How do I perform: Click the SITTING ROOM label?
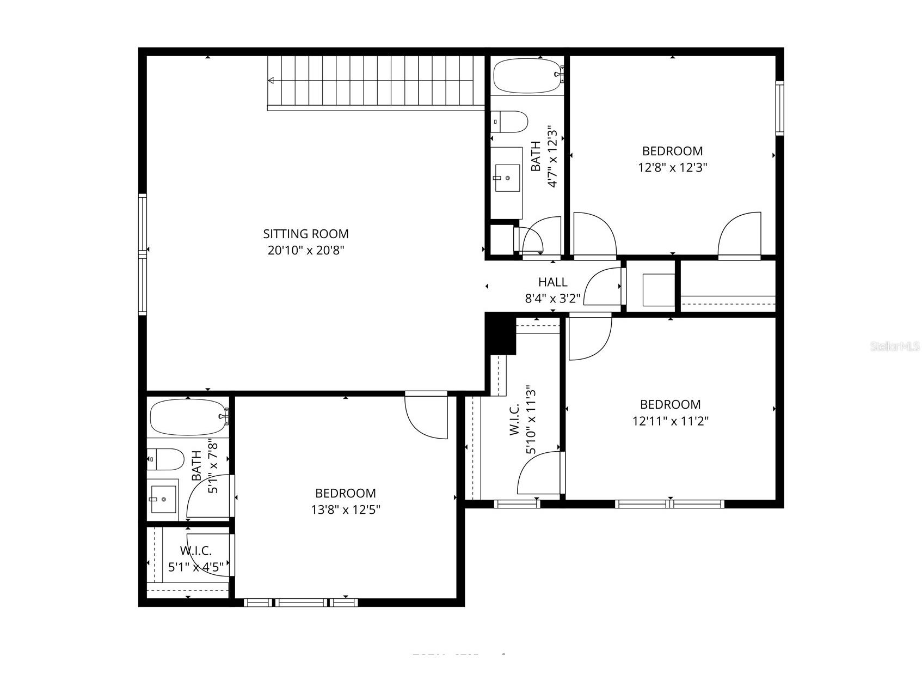click(305, 234)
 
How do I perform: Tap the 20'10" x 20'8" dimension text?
click(306, 251)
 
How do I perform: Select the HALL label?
click(552, 282)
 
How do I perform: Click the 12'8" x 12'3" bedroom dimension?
click(672, 167)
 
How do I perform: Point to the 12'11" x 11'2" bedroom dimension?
click(670, 421)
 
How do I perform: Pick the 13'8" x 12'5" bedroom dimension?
click(345, 509)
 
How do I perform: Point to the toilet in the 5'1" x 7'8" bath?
click(165, 459)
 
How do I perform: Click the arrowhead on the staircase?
click(271, 81)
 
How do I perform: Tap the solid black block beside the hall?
click(500, 332)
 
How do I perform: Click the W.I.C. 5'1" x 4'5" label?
click(195, 559)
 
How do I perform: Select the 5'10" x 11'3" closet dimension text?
click(531, 420)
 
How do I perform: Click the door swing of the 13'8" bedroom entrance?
click(426, 417)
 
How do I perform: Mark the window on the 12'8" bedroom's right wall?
click(779, 108)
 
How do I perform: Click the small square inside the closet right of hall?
click(659, 290)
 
